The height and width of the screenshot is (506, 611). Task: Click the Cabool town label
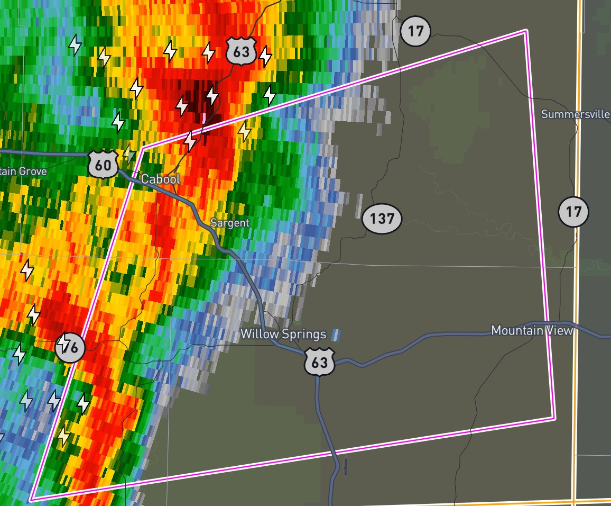(160, 179)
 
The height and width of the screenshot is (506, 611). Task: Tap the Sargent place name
(229, 223)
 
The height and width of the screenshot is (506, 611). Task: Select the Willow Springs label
(283, 334)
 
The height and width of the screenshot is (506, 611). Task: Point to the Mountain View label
(532, 330)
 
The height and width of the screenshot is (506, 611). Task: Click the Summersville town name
(576, 114)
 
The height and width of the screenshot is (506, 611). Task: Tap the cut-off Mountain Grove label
(23, 171)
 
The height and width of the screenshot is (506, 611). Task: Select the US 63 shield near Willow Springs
(320, 363)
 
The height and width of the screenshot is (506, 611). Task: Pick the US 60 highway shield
(103, 165)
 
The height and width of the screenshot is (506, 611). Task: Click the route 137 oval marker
(382, 218)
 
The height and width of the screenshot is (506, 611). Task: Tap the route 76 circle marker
(71, 348)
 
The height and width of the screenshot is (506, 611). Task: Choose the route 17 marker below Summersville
(573, 212)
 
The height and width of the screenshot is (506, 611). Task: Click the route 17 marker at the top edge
(415, 31)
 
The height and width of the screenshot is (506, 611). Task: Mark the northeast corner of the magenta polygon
(525, 31)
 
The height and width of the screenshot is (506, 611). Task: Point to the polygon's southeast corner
(554, 418)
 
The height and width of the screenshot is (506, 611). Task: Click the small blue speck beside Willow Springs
(335, 335)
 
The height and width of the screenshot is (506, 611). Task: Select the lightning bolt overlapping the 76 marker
(63, 344)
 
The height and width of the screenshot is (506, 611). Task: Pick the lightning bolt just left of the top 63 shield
(209, 52)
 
